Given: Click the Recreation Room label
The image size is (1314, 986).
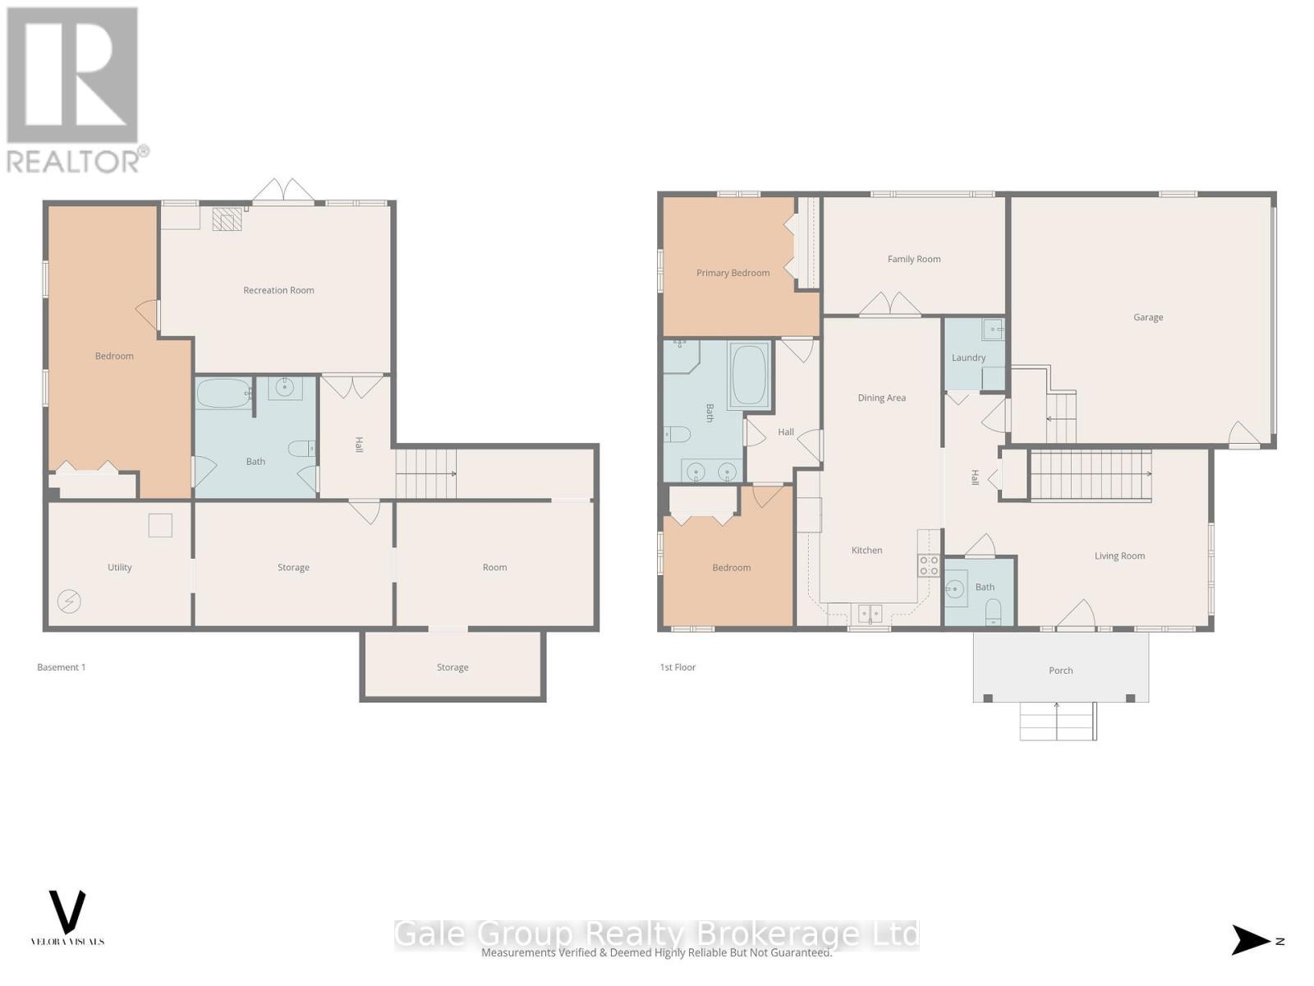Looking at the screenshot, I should (x=278, y=290).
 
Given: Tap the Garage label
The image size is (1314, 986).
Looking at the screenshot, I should (x=1147, y=317).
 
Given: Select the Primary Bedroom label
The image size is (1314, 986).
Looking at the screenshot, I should (x=733, y=273).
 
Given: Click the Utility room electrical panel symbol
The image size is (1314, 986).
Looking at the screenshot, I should (x=69, y=601).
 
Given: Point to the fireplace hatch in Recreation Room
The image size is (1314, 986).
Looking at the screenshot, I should (x=227, y=219).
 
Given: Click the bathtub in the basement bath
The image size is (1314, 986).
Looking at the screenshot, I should (x=223, y=394).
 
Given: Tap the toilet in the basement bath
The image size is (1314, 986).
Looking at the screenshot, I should (x=301, y=449).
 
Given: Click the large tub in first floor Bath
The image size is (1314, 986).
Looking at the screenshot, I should (x=748, y=376).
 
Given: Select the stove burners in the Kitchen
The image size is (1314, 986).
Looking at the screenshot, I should (x=929, y=565).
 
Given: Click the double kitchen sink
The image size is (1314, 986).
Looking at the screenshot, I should (x=869, y=613).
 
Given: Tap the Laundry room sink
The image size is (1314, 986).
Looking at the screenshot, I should (x=994, y=329).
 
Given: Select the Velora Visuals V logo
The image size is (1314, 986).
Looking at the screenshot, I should (x=67, y=912).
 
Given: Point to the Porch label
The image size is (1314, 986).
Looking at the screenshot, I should (x=1060, y=670).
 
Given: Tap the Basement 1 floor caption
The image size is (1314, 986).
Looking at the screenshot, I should (x=61, y=667).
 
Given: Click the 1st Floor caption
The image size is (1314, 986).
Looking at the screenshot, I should (x=678, y=667).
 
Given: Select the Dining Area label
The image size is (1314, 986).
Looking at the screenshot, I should (x=881, y=398).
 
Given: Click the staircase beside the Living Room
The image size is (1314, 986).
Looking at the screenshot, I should (x=1090, y=475).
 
